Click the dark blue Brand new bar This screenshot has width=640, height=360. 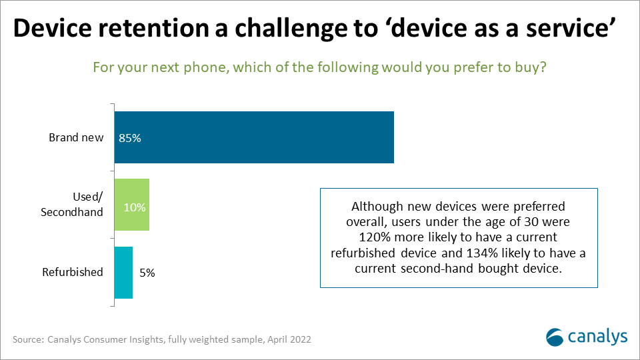point(254,137)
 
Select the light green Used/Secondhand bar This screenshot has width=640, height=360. point(132,205)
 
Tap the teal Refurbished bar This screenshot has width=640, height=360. point(123,273)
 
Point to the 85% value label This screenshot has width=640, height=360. point(130,139)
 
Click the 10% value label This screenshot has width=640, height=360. point(135,207)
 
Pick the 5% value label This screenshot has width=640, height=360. point(147,273)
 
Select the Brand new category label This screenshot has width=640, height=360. point(76,137)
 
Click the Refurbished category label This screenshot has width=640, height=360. point(73,272)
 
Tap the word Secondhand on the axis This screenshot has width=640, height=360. point(72,212)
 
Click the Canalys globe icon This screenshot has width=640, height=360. point(555,337)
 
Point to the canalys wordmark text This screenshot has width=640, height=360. point(597,337)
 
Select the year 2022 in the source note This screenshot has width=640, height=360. point(300,339)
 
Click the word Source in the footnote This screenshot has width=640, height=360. point(28,339)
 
